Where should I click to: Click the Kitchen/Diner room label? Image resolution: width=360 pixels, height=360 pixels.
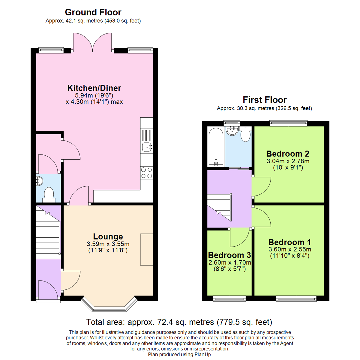pyautogui.click(x=94, y=88)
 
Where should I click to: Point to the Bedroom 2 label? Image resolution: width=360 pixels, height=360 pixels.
pyautogui.click(x=288, y=154)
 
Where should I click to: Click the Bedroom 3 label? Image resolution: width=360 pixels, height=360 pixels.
pyautogui.click(x=229, y=255)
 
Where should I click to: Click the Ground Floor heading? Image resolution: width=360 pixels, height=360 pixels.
pyautogui.click(x=93, y=12)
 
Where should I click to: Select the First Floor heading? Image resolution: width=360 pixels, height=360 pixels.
pyautogui.click(x=264, y=99)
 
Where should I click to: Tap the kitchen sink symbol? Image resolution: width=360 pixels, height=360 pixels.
pyautogui.click(x=146, y=146)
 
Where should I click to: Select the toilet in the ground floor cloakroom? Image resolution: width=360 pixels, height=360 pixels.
pyautogui.click(x=49, y=194)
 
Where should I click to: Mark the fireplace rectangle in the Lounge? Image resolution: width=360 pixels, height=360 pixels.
pyautogui.click(x=146, y=250)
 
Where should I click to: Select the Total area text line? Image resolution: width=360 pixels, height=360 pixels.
pyautogui.click(x=180, y=322)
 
